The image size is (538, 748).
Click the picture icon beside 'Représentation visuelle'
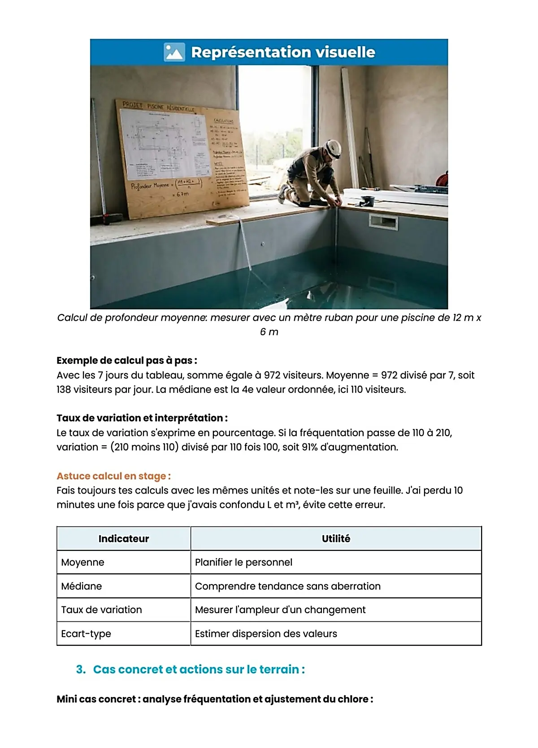[174, 52]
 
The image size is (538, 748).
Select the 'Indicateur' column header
[123, 539]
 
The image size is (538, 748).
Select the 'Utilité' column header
[336, 539]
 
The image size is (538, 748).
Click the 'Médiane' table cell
[82, 586]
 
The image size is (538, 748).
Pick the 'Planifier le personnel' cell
[243, 563]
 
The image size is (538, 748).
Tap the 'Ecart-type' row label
[86, 634]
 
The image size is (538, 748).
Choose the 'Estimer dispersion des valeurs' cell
[266, 634]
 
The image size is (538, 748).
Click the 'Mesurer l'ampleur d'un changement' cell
[280, 610]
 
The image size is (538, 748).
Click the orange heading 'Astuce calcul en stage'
[113, 476]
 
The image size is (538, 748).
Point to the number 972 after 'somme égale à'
[272, 375]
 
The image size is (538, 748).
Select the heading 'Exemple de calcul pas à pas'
[127, 361]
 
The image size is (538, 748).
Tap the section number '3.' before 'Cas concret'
[81, 670]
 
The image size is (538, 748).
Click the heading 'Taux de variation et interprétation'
[142, 418]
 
